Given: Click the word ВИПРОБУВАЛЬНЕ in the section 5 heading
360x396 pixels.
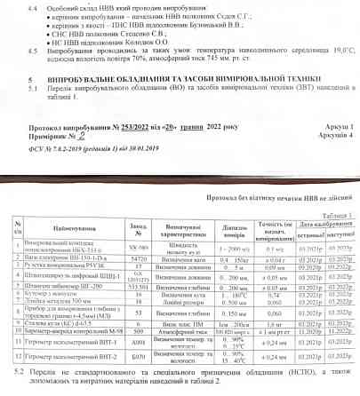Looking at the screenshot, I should tap(82, 79).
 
